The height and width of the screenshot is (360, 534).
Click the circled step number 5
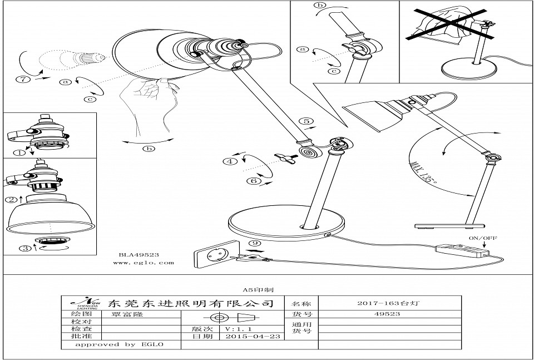tap(305, 121)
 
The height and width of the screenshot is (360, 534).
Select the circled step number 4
tap(228, 162)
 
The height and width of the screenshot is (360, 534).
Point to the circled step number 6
tap(253, 181)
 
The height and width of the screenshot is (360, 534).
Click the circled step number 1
tap(19, 151)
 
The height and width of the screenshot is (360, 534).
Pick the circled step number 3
tap(25, 249)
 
